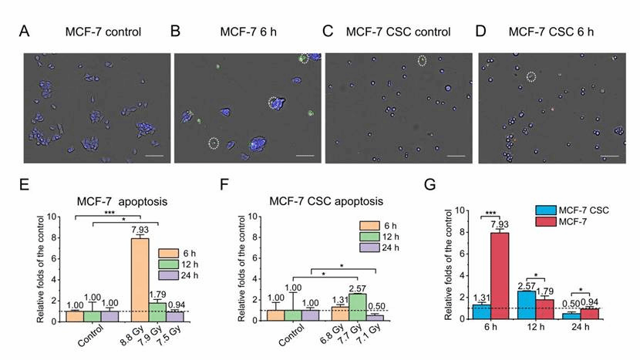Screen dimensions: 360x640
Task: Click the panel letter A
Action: coord(25,32)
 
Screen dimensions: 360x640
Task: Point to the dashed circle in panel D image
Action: coord(531,76)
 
